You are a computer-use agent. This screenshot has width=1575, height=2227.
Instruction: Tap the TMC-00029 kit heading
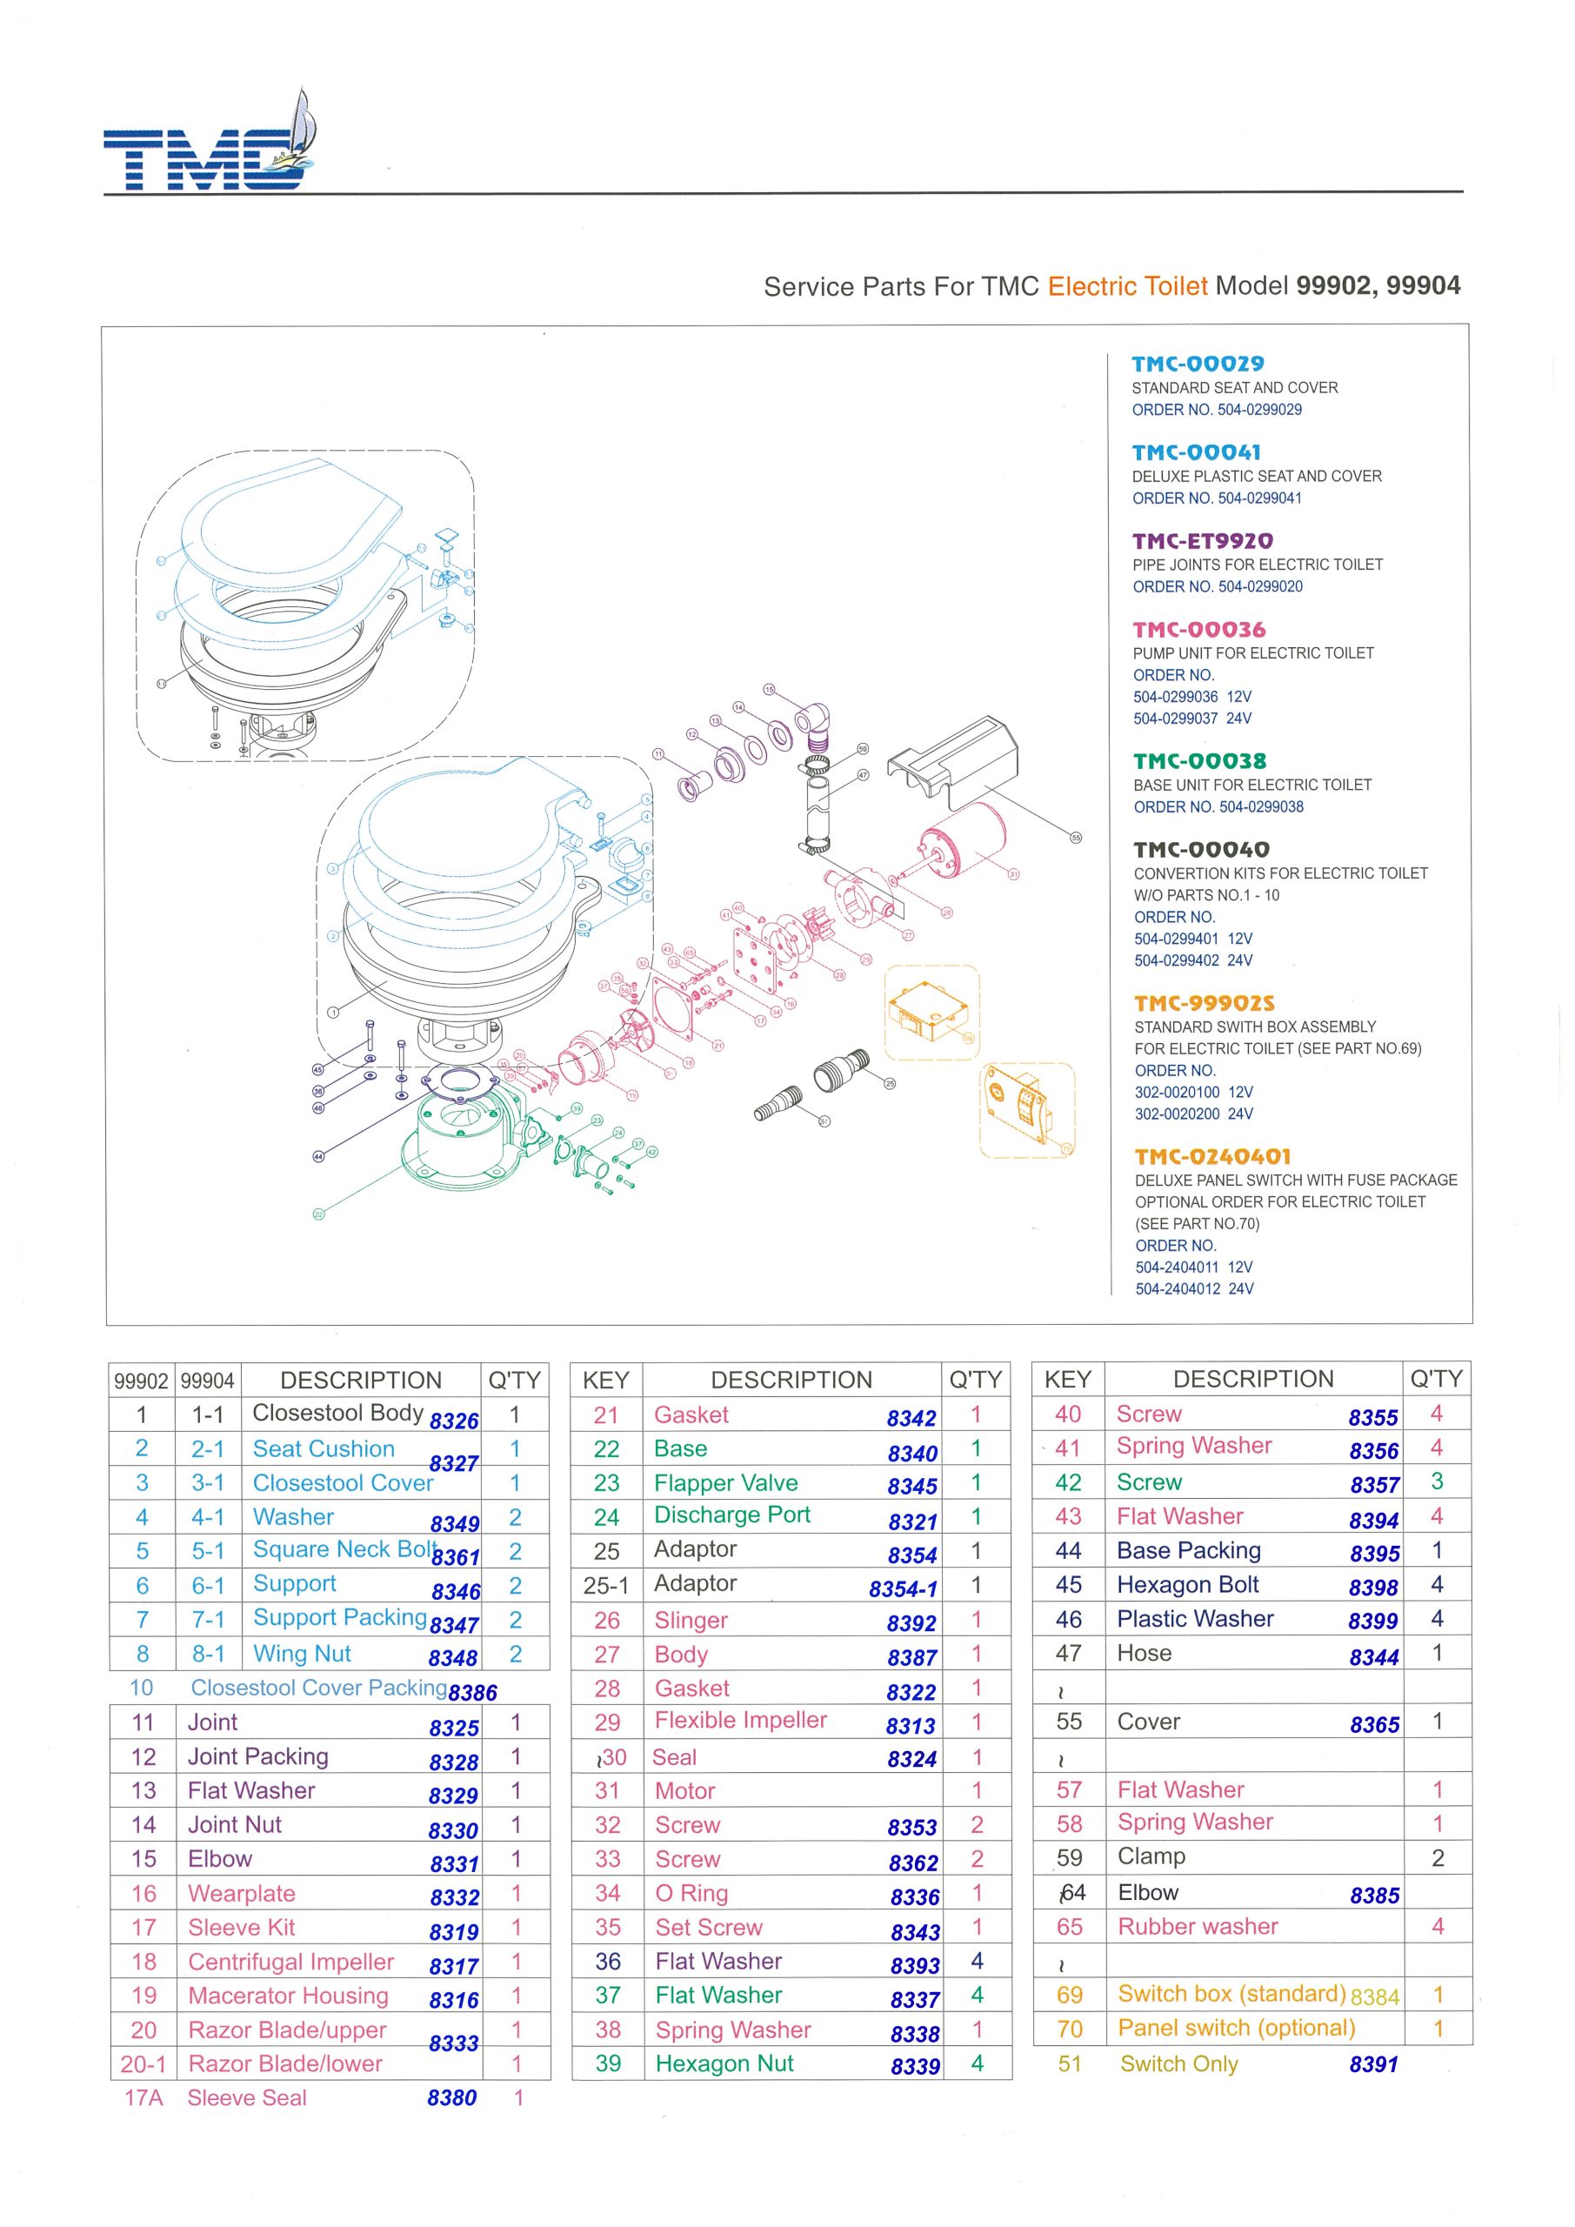pos(1198,364)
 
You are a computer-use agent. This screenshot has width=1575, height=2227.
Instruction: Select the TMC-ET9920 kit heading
pos(1203,540)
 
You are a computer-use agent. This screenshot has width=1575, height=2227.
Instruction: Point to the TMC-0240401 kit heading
pos(1212,1156)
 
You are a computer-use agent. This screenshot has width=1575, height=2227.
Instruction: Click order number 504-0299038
pos(1261,807)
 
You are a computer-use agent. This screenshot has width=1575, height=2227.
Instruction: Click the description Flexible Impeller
pos(740,1720)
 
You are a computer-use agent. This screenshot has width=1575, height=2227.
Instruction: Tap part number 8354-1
pos(903,1588)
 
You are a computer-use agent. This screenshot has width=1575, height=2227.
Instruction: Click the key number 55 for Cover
pos(1069,1722)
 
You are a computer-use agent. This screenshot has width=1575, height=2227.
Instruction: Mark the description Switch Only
pos(1178,2064)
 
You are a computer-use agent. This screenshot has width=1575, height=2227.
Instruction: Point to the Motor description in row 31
pos(684,1790)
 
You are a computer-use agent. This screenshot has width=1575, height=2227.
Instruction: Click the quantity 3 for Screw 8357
pos(1437,1481)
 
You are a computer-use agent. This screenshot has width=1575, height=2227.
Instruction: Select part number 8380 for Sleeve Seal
pos(451,2098)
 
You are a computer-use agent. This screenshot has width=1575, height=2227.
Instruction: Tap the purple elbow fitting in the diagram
pos(809,724)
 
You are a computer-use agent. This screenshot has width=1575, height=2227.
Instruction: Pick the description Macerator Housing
pos(288,1996)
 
